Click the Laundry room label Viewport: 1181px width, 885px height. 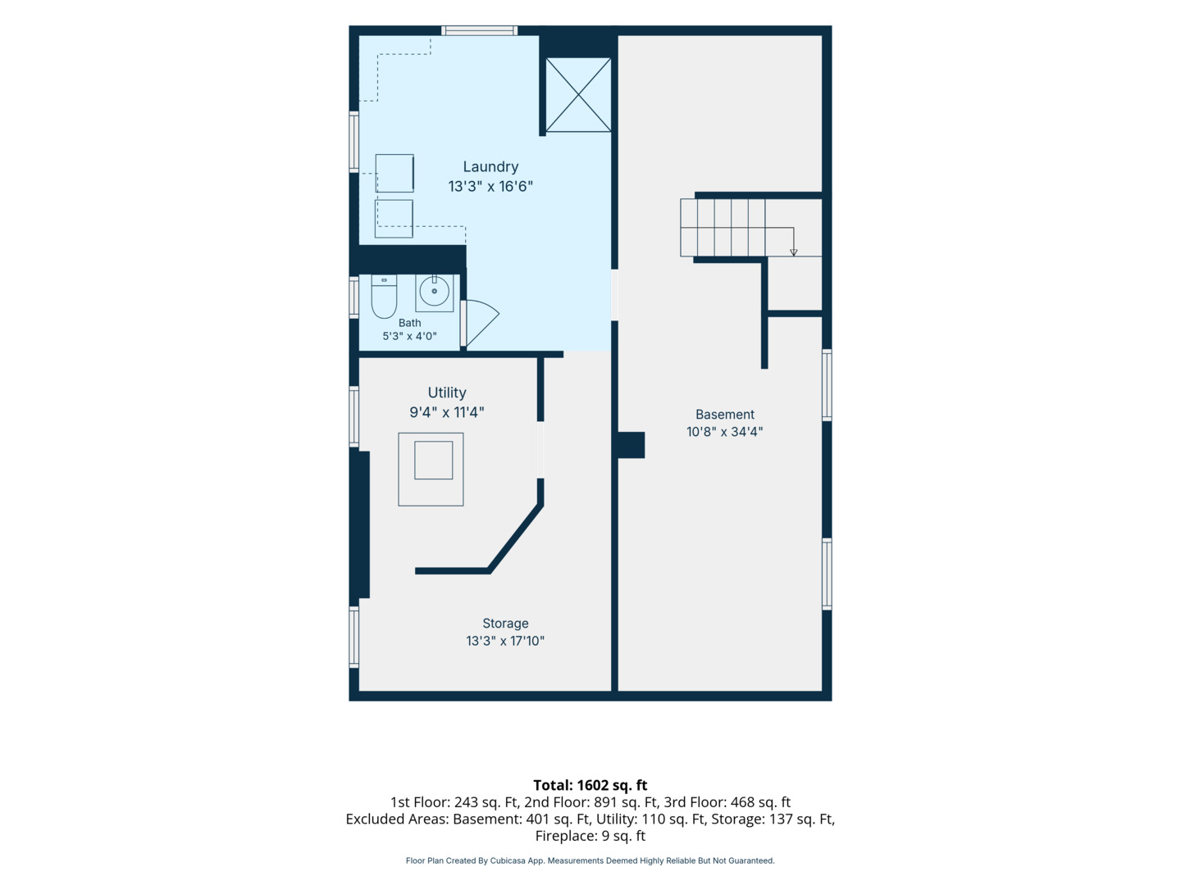[490, 167]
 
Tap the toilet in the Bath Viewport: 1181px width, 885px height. [384, 296]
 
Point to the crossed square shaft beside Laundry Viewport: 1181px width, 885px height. [578, 94]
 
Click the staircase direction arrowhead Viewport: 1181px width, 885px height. [793, 252]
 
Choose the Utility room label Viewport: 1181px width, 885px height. [447, 393]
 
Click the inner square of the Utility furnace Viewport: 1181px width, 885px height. [433, 461]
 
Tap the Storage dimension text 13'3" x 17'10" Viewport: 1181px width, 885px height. [505, 641]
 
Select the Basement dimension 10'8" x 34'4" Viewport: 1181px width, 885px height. [724, 432]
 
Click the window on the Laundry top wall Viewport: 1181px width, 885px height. [479, 30]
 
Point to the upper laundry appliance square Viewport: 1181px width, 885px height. [394, 173]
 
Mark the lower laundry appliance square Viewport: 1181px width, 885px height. [394, 219]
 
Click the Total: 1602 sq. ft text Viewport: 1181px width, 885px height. [590, 785]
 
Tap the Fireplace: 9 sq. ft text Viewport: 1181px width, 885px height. [590, 836]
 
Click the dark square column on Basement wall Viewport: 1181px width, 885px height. [631, 445]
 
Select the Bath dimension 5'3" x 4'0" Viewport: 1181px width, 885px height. [409, 336]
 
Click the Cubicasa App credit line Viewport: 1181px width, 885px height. [590, 860]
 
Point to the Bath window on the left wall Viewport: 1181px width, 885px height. [353, 297]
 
